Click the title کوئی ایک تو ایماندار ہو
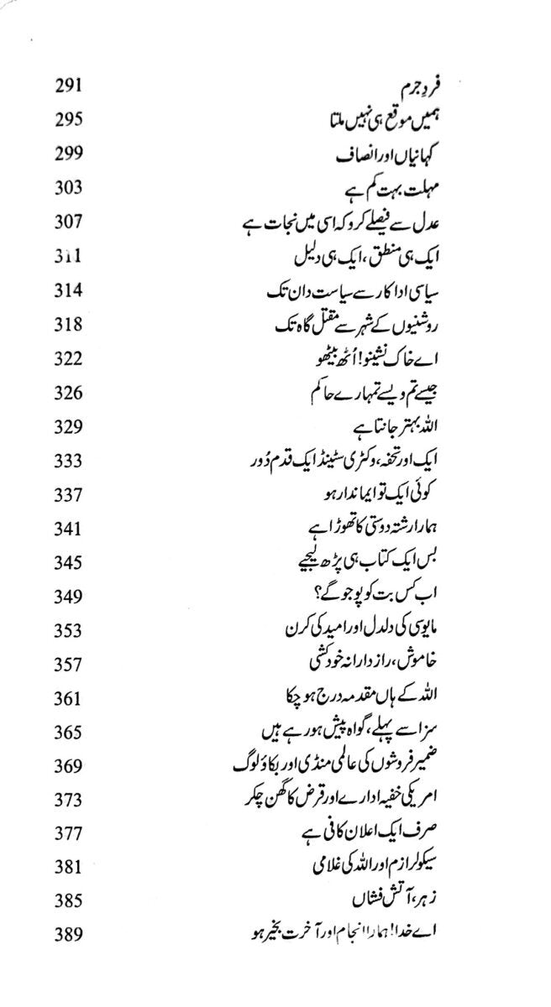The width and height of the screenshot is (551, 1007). pos(357,494)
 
